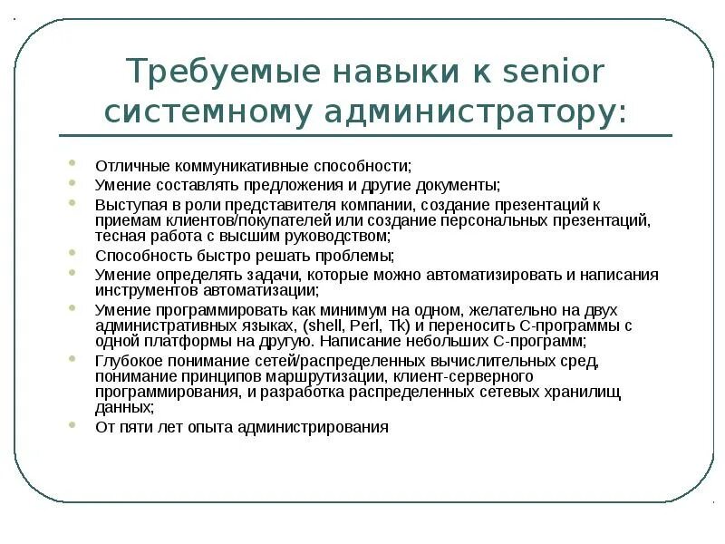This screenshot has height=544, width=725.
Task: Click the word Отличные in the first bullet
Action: (x=127, y=166)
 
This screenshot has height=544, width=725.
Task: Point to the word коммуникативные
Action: (x=231, y=166)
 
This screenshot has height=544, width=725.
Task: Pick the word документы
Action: (x=456, y=183)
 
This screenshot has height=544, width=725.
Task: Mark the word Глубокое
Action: (x=128, y=361)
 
